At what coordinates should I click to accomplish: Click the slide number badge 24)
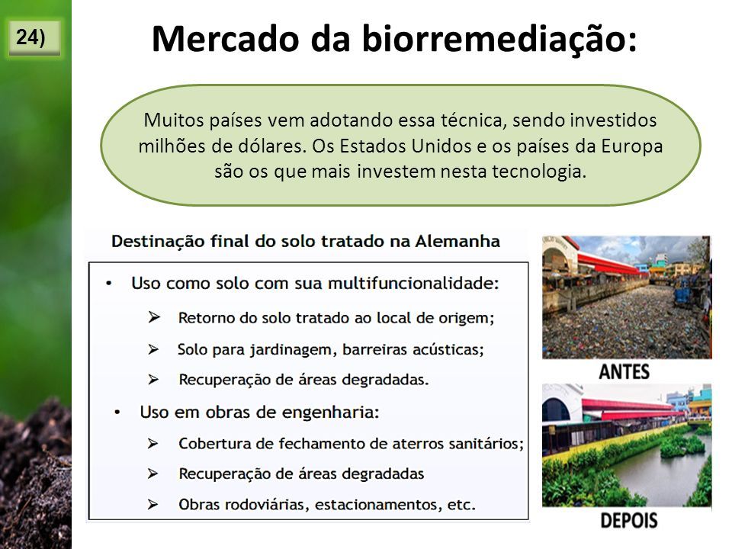34,38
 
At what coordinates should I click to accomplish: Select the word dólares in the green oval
274,146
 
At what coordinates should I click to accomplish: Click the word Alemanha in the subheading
457,242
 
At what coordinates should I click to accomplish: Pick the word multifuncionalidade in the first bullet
413,284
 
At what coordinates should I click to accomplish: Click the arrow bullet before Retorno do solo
154,317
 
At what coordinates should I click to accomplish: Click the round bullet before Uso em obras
117,413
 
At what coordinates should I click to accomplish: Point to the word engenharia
330,413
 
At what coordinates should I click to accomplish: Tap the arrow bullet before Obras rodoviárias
152,505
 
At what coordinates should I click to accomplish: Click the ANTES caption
624,372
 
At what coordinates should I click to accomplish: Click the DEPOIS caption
628,521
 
